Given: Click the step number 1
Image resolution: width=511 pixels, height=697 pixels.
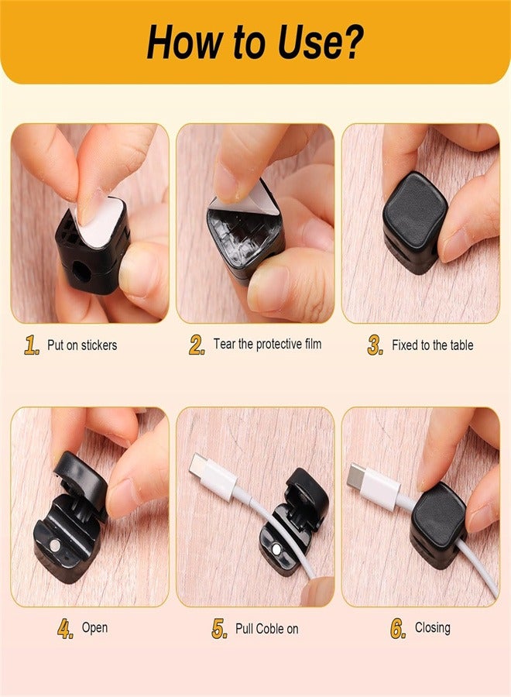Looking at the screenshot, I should coord(31,345).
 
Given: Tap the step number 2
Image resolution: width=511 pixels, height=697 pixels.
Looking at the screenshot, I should coord(197,345).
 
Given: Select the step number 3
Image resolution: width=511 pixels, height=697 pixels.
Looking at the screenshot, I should coord(376,346).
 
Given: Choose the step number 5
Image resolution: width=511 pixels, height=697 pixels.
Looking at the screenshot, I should coord(219,629).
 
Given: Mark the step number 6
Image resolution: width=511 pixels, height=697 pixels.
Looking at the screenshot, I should coord(398,629).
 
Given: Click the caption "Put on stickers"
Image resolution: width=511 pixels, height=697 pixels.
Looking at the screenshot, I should coord(83,345).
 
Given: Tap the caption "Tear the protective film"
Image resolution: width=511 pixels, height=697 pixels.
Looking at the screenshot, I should coord(267,344).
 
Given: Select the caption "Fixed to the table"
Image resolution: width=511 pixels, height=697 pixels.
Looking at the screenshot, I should coord(432,345).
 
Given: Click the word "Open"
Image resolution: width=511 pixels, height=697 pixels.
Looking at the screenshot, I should coord(94,628).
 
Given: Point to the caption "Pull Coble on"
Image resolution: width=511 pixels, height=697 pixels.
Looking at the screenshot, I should coord(266,629).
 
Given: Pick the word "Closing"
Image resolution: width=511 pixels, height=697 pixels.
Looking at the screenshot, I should coord(432,627).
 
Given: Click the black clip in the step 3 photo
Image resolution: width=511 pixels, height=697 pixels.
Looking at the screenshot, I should coord(414,220).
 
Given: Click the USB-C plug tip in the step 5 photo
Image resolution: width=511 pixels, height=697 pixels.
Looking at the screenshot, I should coord(196,465).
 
